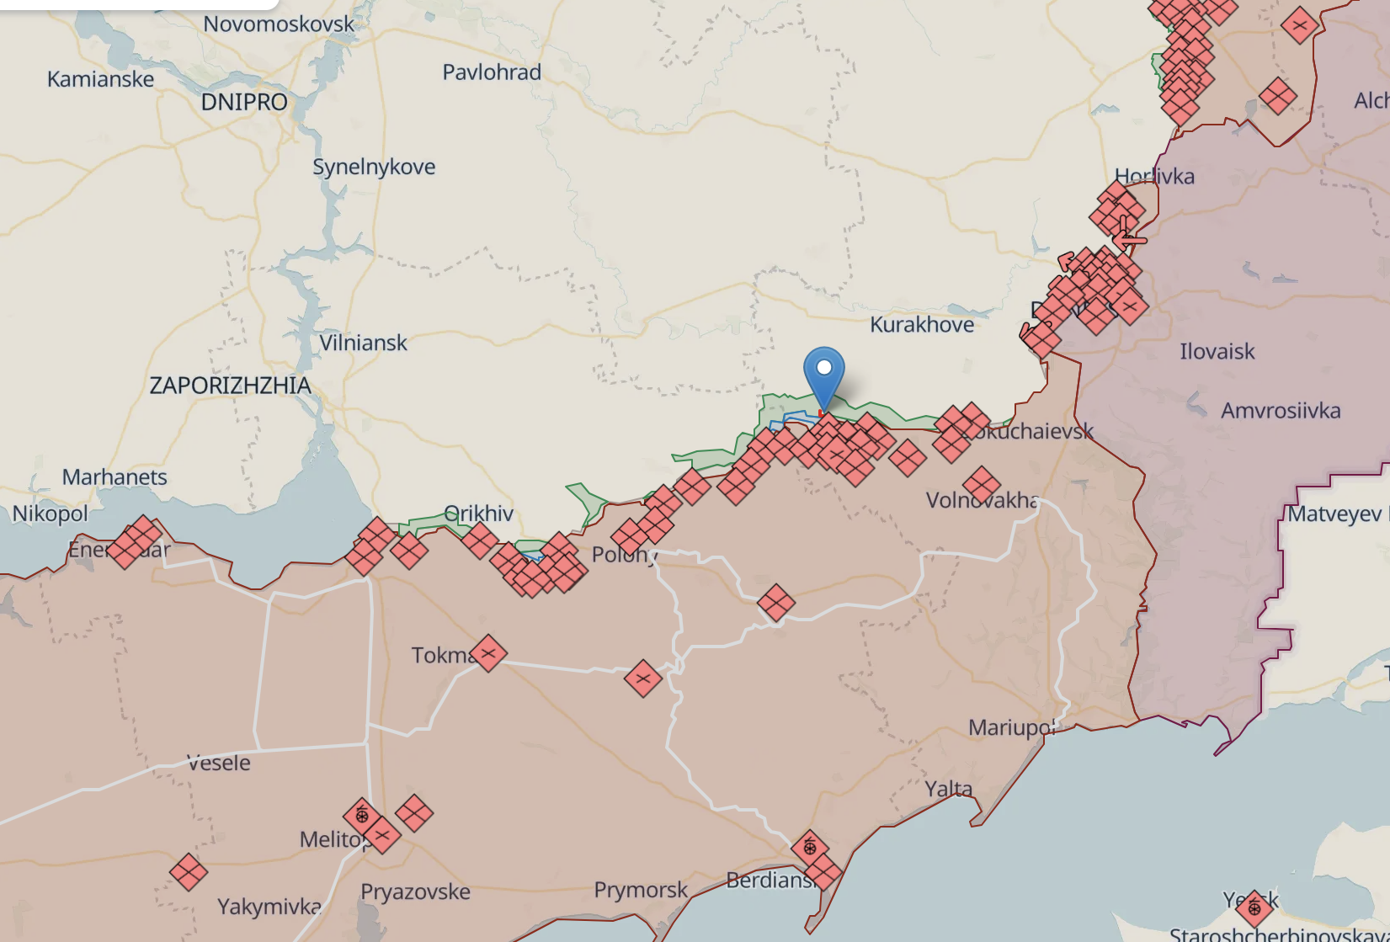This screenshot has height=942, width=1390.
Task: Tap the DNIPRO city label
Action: (x=244, y=103)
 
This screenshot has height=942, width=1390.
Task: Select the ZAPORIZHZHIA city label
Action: (x=230, y=386)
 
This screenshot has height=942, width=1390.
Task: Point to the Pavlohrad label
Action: (x=492, y=72)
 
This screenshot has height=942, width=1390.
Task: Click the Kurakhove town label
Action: (x=922, y=325)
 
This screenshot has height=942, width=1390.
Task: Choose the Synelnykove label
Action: (x=374, y=167)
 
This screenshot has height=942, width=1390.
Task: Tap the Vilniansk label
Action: (x=363, y=343)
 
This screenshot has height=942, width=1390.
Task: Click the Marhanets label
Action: (x=115, y=477)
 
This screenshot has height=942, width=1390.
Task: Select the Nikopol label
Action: (x=50, y=514)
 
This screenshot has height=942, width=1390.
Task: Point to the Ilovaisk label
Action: (x=1217, y=352)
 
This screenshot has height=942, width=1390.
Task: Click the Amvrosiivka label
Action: (x=1281, y=411)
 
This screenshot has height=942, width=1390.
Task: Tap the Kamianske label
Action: (x=100, y=79)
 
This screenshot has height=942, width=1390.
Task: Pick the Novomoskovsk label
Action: (x=279, y=24)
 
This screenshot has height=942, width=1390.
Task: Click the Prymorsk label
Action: (x=641, y=890)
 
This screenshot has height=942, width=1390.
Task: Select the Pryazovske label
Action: (x=415, y=891)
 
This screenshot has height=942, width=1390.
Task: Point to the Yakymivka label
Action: (x=269, y=907)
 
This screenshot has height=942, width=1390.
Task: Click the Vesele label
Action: (x=219, y=764)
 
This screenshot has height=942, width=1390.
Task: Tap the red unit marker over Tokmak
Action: (x=488, y=653)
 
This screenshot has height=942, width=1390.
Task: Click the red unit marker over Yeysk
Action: (x=1254, y=908)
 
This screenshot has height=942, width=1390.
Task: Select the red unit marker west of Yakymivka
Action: (x=189, y=872)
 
